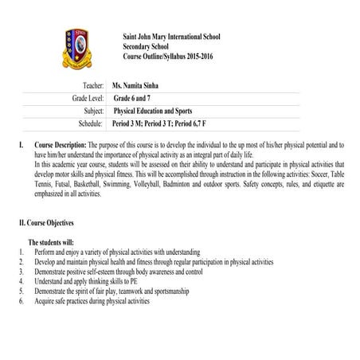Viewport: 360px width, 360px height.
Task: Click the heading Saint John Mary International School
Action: [x=172, y=37]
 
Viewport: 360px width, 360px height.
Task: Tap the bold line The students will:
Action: [x=51, y=240]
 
